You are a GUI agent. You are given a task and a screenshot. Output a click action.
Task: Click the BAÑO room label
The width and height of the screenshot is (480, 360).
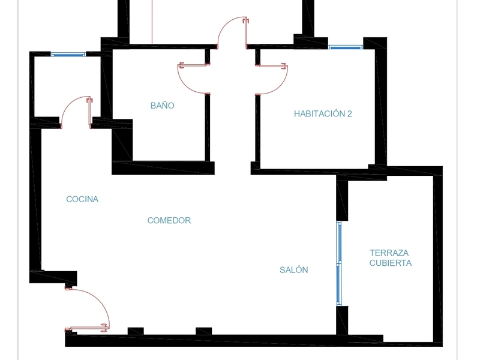click(x=162, y=106)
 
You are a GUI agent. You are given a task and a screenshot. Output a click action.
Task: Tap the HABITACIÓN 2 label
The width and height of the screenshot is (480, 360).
click(x=322, y=113)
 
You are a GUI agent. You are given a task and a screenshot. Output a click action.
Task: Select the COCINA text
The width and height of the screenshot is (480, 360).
click(x=82, y=199)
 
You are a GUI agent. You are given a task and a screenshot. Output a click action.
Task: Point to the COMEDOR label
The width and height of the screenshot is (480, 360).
click(x=169, y=220)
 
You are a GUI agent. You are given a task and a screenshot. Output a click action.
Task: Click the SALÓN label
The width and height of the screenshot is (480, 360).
click(x=294, y=270)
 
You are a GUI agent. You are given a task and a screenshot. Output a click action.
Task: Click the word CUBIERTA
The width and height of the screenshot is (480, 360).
click(x=390, y=263)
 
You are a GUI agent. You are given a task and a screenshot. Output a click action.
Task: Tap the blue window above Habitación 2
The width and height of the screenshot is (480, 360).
click(x=346, y=47)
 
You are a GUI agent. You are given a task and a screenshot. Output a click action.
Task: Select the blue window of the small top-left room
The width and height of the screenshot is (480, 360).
click(x=68, y=55)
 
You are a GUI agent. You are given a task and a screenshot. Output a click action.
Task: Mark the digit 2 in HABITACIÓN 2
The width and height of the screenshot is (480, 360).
click(x=349, y=113)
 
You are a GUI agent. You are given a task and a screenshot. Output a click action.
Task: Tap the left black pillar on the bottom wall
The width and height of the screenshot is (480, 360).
click(x=136, y=331)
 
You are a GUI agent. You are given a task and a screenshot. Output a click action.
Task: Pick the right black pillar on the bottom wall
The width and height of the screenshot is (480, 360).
click(x=204, y=331)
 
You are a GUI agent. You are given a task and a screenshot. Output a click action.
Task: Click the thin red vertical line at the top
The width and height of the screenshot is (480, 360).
click(x=152, y=21)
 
